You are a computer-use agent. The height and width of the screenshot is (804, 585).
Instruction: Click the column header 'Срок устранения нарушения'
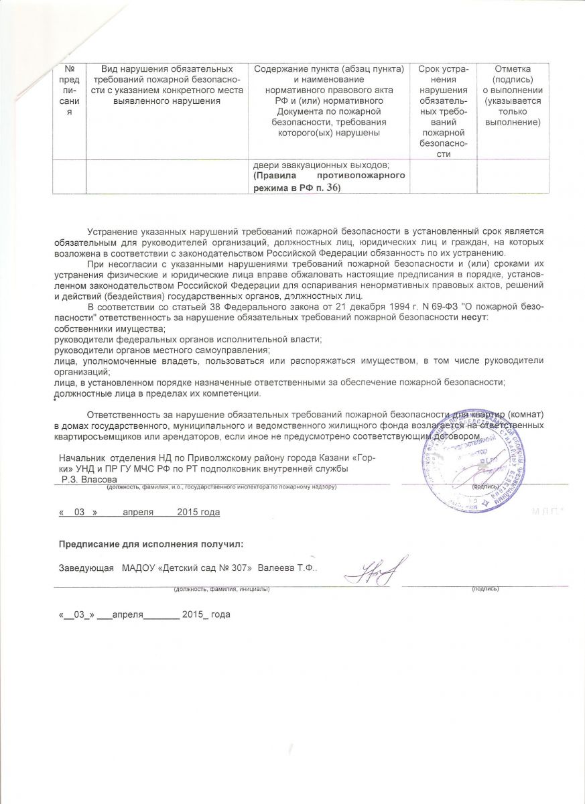coord(443,111)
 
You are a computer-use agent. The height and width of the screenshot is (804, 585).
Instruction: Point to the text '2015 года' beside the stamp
coord(198,513)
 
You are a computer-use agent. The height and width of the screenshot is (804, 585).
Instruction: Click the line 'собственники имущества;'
coord(109,329)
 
